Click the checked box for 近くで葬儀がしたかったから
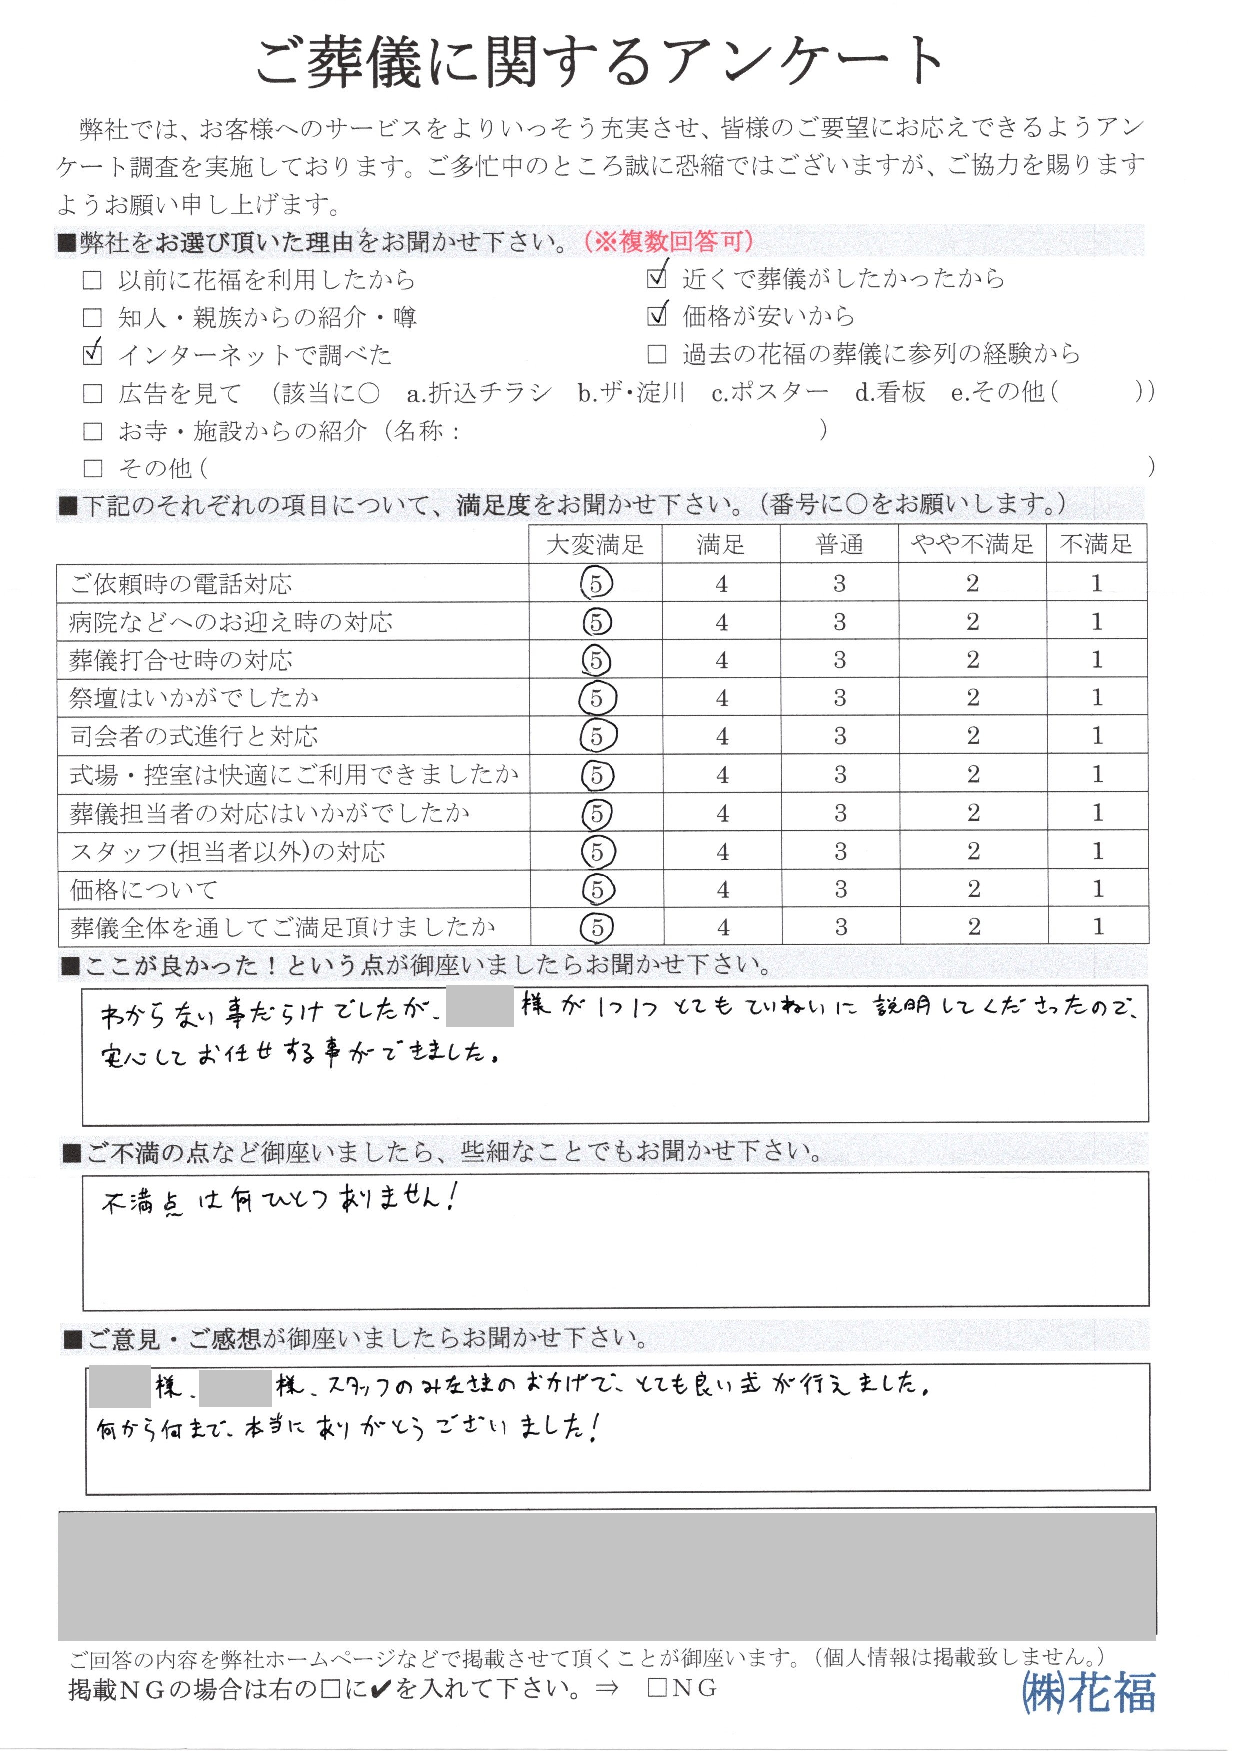(656, 279)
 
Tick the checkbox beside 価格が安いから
(656, 316)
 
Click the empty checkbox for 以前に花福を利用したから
(92, 280)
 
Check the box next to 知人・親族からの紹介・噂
(92, 318)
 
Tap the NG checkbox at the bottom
(657, 1687)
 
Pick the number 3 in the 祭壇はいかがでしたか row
(839, 698)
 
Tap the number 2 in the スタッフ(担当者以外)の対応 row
(973, 851)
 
